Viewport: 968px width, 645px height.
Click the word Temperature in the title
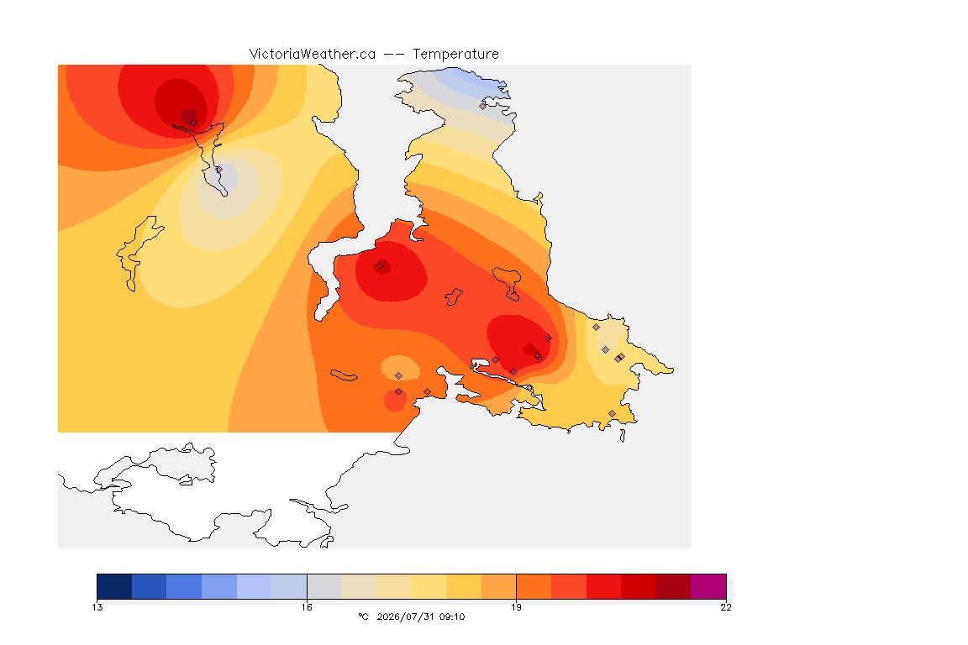point(455,55)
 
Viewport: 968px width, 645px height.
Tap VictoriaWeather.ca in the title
point(313,55)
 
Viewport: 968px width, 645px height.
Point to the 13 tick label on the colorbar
point(97,607)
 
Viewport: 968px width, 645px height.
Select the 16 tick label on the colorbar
point(307,607)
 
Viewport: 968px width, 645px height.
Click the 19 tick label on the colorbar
point(516,607)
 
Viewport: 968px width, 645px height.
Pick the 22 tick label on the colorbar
point(726,607)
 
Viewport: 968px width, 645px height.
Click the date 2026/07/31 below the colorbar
point(405,616)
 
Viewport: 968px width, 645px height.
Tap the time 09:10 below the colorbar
point(452,616)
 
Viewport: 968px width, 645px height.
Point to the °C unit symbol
point(363,616)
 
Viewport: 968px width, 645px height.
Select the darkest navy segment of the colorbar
point(114,586)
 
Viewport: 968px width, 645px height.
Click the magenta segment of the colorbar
point(708,586)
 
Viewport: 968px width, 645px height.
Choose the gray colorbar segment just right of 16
point(324,586)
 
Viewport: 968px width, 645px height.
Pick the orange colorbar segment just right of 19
point(534,586)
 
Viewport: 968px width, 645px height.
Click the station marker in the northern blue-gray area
point(483,106)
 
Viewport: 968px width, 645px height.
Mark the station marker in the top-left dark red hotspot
point(194,123)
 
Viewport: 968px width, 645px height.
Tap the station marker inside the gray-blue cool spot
point(219,169)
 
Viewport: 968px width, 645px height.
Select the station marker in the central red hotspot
point(381,266)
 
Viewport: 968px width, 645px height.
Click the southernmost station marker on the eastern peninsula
point(612,413)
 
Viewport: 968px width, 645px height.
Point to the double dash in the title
point(394,55)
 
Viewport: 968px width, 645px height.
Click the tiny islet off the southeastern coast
point(623,436)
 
